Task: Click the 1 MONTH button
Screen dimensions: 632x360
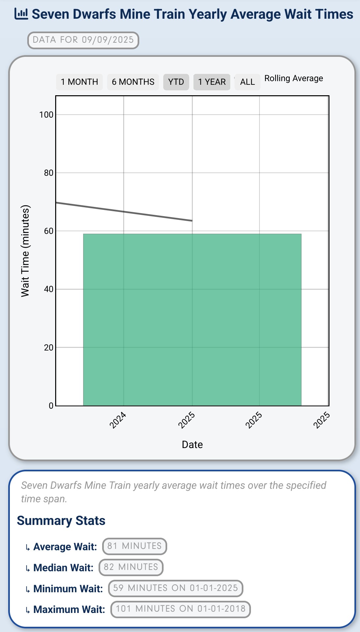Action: click(x=79, y=82)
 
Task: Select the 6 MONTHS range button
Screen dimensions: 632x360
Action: click(x=133, y=82)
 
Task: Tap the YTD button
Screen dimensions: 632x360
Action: click(x=176, y=82)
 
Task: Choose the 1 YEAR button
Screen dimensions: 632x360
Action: click(x=212, y=82)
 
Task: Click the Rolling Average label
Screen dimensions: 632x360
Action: click(x=294, y=79)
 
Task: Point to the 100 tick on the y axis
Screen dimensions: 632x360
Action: click(x=46, y=115)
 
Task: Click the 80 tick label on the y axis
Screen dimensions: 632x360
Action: click(x=49, y=173)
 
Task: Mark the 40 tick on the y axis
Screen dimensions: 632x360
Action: click(x=49, y=289)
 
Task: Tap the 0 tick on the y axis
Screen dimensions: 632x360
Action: click(x=51, y=406)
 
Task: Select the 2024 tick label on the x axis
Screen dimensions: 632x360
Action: click(x=118, y=420)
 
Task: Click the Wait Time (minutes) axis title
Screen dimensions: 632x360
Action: click(x=25, y=251)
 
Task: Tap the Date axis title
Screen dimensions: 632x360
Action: click(x=192, y=444)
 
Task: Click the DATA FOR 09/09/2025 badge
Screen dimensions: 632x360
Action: click(x=83, y=40)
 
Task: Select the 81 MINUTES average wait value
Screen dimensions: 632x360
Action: click(x=134, y=546)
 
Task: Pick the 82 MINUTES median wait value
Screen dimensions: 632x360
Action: click(x=131, y=567)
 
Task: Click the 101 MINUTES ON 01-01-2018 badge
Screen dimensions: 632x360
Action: click(x=180, y=609)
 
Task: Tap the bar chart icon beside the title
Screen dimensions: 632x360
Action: click(x=21, y=14)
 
